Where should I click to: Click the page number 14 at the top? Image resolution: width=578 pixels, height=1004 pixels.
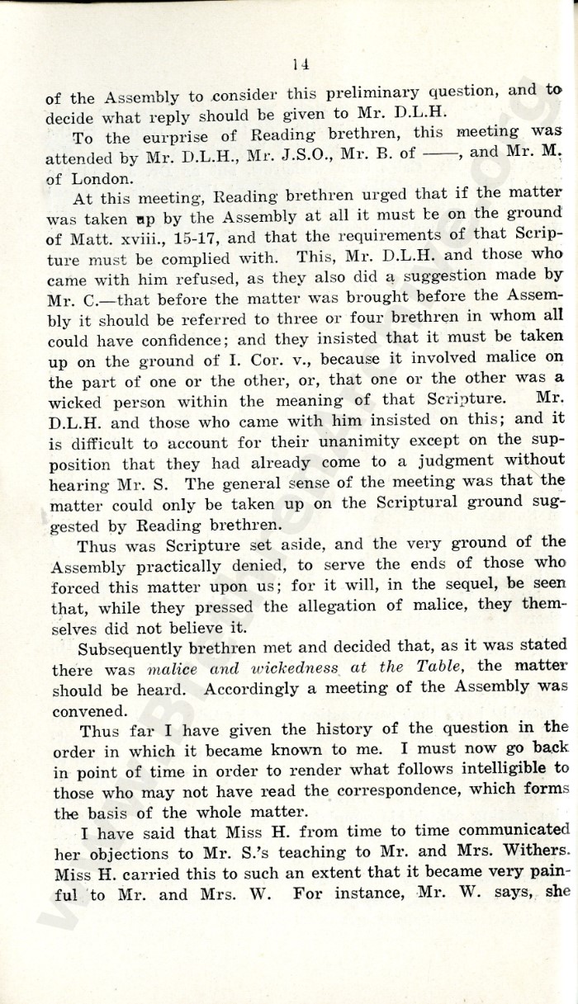(299, 64)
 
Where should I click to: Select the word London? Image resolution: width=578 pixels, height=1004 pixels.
(103, 177)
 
